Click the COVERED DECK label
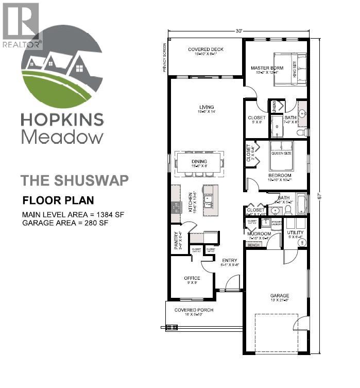[x=202, y=49]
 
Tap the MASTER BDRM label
[x=264, y=68]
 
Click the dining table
[x=199, y=163]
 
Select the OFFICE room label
[x=192, y=278]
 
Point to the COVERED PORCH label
[x=194, y=310]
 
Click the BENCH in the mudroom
[x=253, y=245]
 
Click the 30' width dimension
[x=239, y=31]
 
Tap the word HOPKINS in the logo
[x=62, y=120]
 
